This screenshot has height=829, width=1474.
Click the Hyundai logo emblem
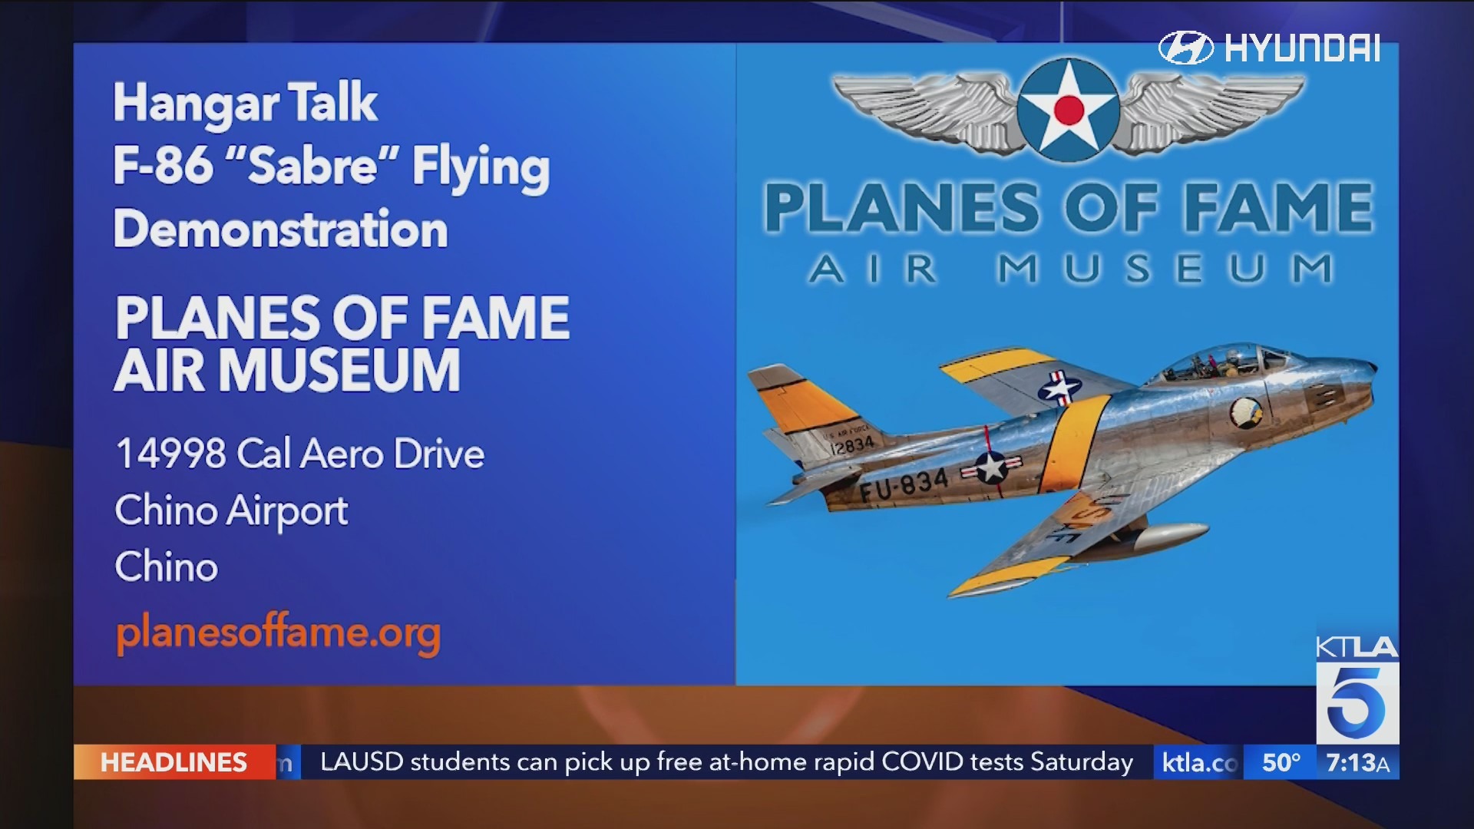coord(1185,48)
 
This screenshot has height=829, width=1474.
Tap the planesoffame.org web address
coord(278,633)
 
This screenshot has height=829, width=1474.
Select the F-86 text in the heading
coord(163,165)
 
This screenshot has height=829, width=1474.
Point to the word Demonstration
coord(280,229)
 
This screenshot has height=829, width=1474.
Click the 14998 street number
coord(170,453)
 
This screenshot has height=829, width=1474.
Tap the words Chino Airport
coord(231,511)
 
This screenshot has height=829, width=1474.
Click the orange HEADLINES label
coord(174,762)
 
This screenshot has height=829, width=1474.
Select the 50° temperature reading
coord(1281,762)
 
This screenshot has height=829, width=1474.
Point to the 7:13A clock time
coord(1357,762)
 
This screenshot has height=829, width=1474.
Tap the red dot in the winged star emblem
coord(1069,110)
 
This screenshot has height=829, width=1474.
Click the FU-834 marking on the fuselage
coord(904,486)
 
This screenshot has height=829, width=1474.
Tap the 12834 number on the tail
coord(852,444)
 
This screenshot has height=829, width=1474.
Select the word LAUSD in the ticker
coord(362,761)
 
